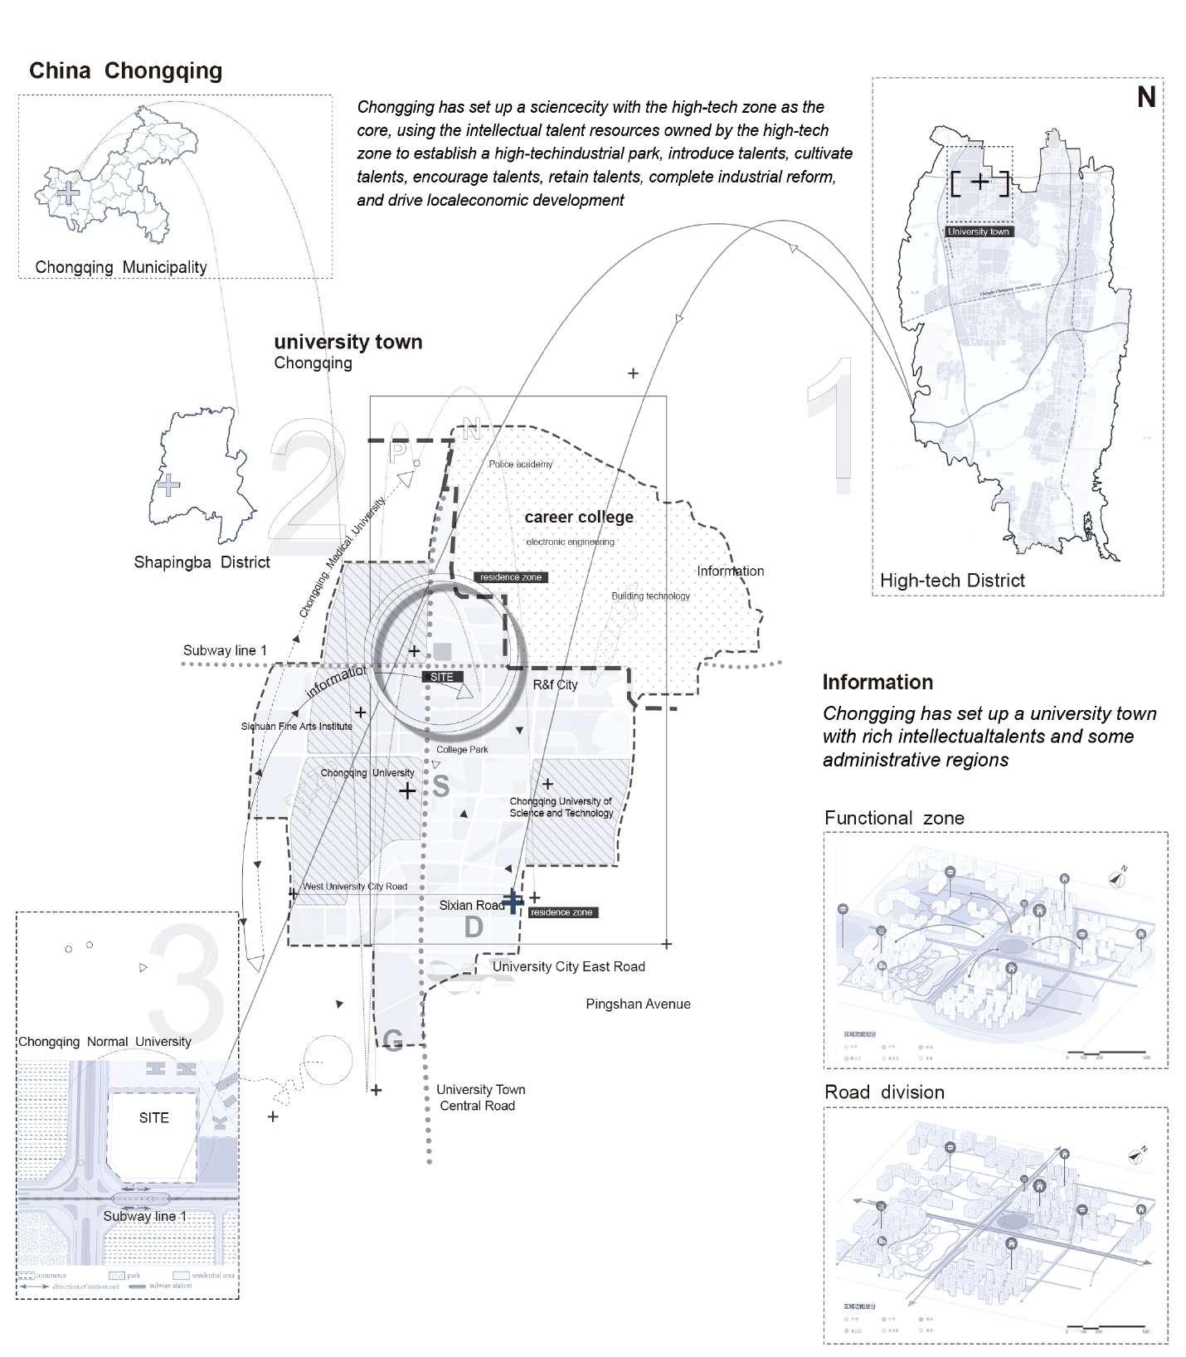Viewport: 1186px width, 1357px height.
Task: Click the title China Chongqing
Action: point(126,71)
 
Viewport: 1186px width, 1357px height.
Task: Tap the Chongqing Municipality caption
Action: point(121,267)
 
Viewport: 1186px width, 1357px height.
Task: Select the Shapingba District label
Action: point(202,562)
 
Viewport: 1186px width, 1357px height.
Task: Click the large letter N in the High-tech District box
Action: point(1146,98)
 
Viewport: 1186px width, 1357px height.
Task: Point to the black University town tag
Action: point(979,231)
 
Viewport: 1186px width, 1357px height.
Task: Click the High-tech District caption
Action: point(952,581)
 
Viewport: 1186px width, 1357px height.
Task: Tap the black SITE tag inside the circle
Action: point(442,677)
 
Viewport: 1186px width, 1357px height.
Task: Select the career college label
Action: point(579,517)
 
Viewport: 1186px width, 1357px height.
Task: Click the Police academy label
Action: point(520,464)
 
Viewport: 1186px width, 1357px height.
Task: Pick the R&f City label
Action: point(555,685)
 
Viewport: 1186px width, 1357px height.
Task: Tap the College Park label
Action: point(462,749)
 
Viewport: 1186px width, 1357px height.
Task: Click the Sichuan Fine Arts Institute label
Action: point(297,726)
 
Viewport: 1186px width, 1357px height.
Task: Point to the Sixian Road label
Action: point(471,905)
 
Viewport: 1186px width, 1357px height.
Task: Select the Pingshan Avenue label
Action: point(638,1004)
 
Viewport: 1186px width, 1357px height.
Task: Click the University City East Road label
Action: point(568,966)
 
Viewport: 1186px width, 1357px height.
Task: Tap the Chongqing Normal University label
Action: point(105,1042)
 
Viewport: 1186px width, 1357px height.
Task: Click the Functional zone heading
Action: point(894,818)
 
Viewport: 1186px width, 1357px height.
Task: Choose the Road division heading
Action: point(884,1092)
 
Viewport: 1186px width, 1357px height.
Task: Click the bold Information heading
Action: point(877,683)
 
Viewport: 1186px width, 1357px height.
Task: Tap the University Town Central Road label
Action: point(479,1097)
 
